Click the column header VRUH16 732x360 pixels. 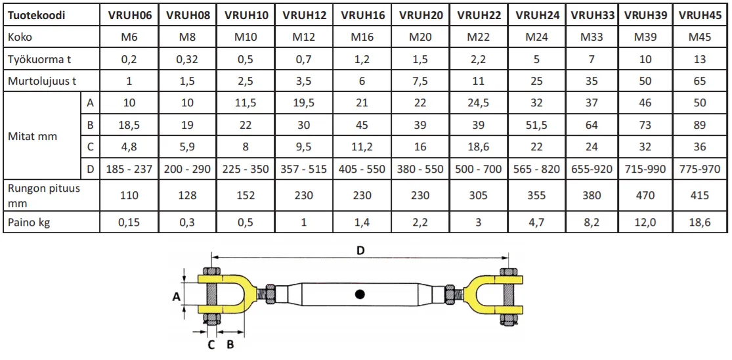363,15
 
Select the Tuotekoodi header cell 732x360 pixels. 35,15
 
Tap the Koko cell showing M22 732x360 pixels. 479,37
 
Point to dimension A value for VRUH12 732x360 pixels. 305,102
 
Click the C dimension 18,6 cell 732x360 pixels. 479,146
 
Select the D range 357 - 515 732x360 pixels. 305,169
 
